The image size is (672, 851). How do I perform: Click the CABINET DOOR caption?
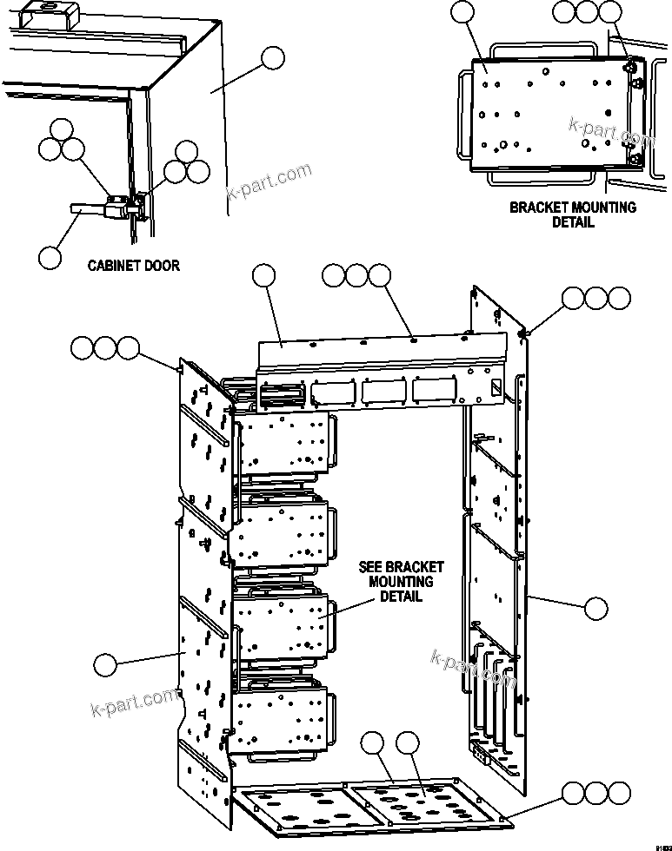(134, 265)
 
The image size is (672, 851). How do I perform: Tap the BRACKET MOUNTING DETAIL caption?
(572, 214)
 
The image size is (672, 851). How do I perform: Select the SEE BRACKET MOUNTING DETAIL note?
(396, 582)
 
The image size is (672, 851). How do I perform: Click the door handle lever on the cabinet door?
(88, 208)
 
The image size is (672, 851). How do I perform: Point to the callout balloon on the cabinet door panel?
(273, 58)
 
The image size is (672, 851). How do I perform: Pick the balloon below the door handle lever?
(50, 257)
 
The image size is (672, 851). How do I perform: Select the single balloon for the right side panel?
(595, 609)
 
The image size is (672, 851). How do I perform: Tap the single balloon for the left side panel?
(105, 665)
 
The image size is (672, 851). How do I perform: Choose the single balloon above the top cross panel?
(263, 276)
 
